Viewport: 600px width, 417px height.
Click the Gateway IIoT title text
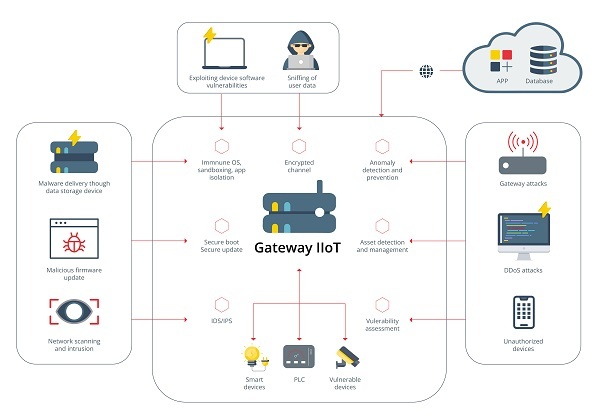point(299,247)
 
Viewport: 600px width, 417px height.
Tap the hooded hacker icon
point(300,48)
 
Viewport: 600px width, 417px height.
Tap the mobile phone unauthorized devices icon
point(520,312)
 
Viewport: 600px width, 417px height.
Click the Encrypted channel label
point(300,165)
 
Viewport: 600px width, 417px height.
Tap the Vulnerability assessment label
point(382,324)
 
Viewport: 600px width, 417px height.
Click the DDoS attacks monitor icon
point(520,236)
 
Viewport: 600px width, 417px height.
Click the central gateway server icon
point(299,208)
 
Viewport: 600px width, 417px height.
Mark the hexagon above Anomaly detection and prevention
point(382,146)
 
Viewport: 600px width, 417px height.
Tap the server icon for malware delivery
point(72,155)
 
